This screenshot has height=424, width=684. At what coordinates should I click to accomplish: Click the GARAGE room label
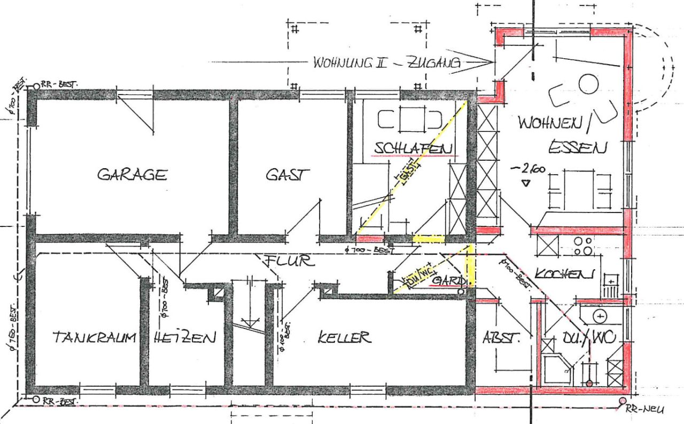click(x=132, y=175)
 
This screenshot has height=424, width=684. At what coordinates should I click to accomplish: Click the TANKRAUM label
click(x=94, y=337)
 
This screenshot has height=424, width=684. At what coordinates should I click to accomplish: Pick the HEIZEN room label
click(x=184, y=337)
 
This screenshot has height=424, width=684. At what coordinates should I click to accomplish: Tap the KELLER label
click(x=344, y=337)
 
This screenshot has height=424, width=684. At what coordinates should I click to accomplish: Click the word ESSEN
click(x=578, y=147)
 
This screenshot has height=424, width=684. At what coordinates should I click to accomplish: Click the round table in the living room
click(x=588, y=84)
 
